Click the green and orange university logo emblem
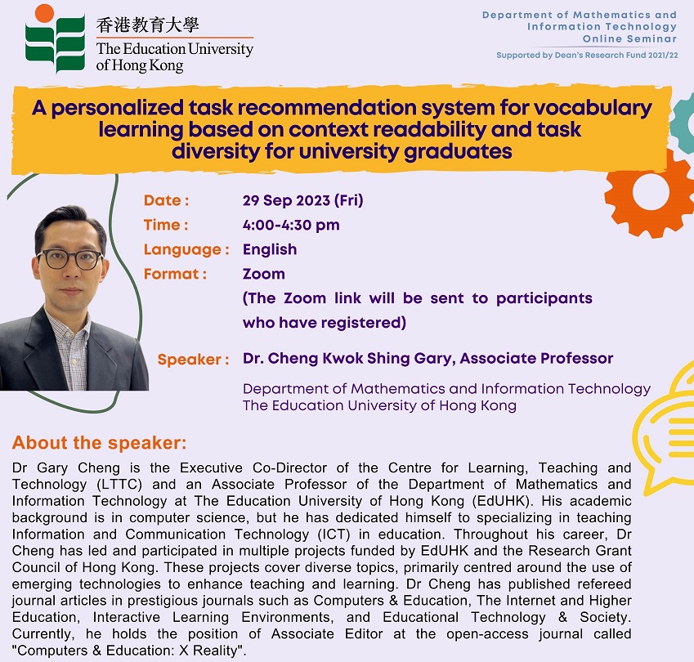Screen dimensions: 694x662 coord(55,39)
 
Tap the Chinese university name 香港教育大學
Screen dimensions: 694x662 coord(148,25)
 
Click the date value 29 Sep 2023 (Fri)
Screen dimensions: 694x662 coord(302,200)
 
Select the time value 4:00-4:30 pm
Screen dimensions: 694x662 coord(291,225)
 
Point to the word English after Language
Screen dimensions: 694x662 coord(270,249)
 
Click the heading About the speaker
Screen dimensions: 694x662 coord(100,442)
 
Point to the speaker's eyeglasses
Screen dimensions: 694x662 coord(70,259)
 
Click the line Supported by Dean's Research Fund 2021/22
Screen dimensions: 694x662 coord(587,55)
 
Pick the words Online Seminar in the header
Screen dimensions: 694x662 coord(629,38)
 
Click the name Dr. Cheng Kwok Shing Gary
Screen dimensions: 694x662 coord(349,358)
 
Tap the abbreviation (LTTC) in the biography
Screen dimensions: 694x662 coord(119,484)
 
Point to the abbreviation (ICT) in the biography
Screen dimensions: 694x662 coord(334,535)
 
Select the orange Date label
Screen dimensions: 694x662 coord(167,200)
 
